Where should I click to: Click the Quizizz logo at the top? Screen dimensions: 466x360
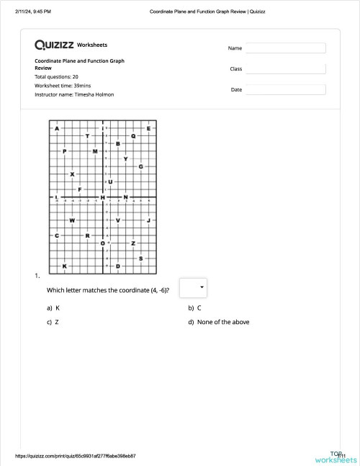(x=55, y=45)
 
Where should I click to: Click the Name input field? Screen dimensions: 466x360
(x=286, y=48)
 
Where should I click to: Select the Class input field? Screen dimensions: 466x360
(x=286, y=69)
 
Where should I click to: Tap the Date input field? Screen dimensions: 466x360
(x=286, y=90)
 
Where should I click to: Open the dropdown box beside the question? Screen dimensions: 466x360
(x=192, y=287)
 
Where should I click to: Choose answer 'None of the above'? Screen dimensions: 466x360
(x=222, y=322)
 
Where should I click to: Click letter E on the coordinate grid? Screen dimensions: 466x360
(x=148, y=128)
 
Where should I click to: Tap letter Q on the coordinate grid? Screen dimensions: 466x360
(x=133, y=135)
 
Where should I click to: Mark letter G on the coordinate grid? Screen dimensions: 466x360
(x=140, y=166)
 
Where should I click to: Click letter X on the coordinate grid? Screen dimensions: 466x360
(x=72, y=174)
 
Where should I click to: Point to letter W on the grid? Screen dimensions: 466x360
(x=72, y=220)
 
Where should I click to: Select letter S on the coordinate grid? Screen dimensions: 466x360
(x=140, y=258)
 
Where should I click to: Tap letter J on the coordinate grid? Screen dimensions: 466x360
(x=148, y=220)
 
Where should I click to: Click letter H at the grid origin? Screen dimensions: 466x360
(x=103, y=197)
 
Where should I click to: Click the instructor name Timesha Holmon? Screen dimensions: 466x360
(x=94, y=94)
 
